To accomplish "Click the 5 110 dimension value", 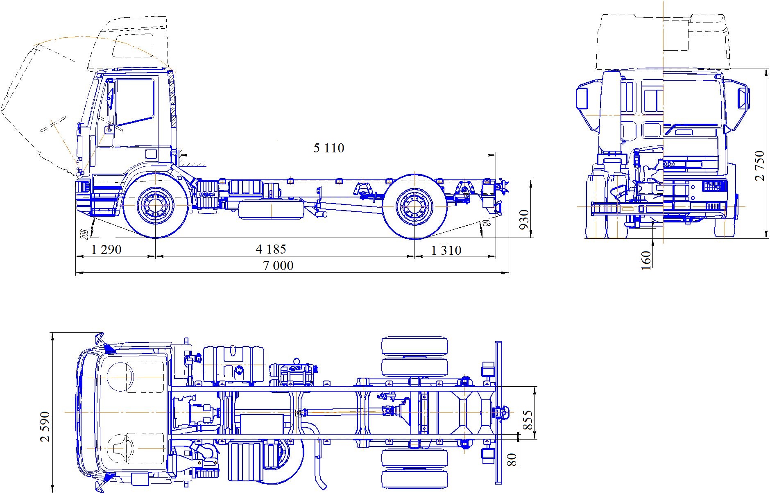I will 329,148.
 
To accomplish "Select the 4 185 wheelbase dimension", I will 271,249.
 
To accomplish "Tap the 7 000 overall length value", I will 278,266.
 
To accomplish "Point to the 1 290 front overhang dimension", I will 106,249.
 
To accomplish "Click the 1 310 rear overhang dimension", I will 446,250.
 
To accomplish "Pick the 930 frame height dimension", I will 524,220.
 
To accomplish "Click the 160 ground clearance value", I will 645,260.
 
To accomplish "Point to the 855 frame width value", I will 528,420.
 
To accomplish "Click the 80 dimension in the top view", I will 512,459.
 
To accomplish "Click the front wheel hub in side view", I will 155,205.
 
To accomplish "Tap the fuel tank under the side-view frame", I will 271,209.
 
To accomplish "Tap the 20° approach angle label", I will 85,234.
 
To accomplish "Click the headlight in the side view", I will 84,186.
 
